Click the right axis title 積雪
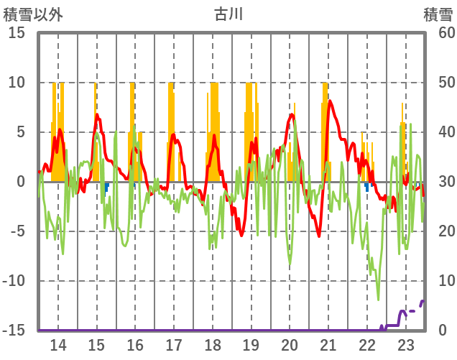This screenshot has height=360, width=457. (437, 14)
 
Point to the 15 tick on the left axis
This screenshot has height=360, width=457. (17, 33)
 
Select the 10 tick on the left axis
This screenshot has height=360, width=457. (17, 83)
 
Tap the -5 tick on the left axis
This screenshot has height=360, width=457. (17, 231)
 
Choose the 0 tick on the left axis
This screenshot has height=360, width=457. (21, 182)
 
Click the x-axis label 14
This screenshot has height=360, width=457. (57, 345)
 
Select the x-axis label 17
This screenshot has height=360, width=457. (174, 345)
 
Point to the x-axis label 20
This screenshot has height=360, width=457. (290, 345)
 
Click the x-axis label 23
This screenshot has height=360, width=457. (405, 345)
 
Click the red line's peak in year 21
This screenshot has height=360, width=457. (330, 101)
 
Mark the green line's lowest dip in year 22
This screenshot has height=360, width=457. (379, 300)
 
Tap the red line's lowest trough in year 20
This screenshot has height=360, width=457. (319, 235)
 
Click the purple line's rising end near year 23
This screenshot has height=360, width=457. (423, 301)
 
